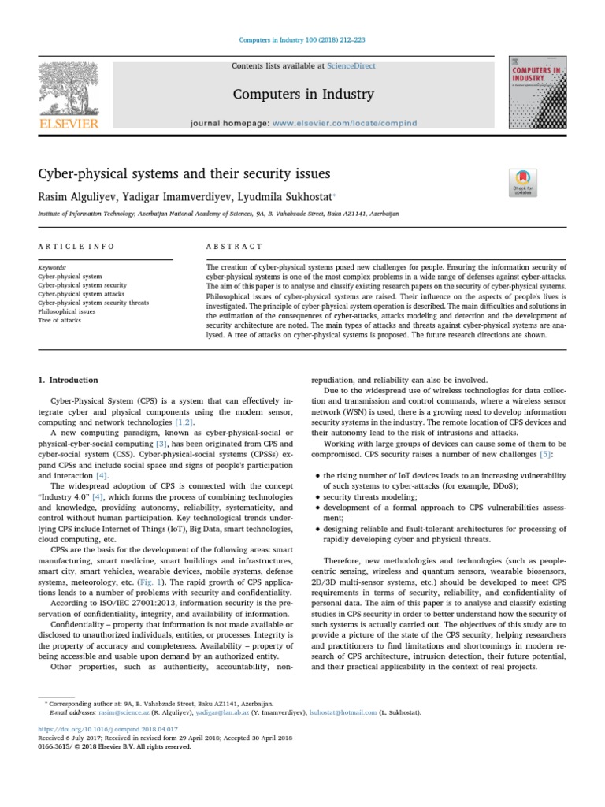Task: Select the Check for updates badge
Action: (524, 182)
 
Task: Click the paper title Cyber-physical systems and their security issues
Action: (184, 173)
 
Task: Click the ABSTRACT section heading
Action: (234, 247)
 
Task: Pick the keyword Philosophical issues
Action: (67, 311)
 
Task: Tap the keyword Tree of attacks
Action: (60, 320)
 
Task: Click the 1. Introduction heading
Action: (69, 380)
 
